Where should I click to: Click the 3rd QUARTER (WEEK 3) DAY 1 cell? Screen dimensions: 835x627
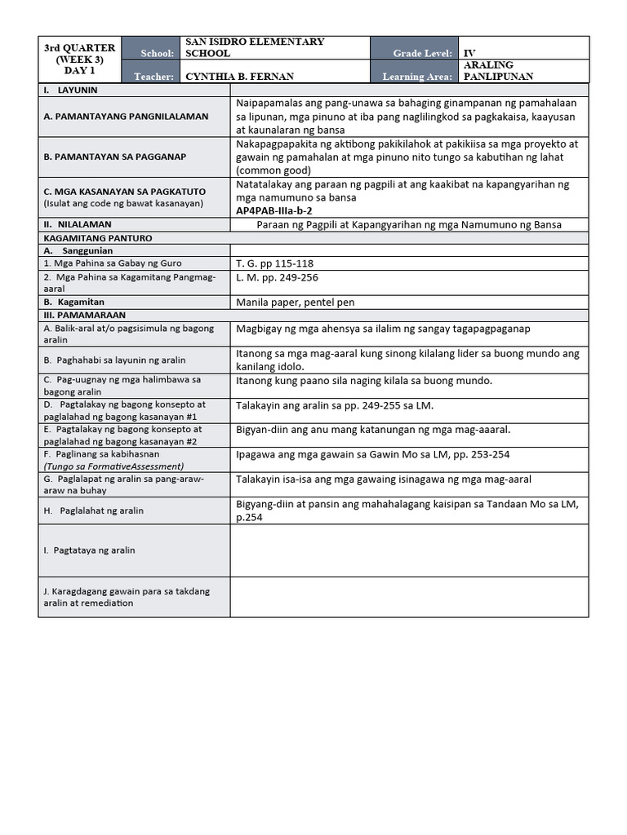coord(79,60)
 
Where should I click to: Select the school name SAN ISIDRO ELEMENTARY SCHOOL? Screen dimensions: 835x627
coord(255,47)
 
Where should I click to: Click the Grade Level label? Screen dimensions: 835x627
coord(422,53)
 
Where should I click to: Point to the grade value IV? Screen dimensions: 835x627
coord(469,53)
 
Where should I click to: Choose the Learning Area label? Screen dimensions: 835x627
coord(416,77)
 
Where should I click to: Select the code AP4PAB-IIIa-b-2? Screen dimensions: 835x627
coord(274,210)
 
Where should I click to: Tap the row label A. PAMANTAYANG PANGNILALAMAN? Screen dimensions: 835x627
coord(126,116)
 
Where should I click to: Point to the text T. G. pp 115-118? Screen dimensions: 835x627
coord(274,263)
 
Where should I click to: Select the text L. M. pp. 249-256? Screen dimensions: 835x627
coord(277,277)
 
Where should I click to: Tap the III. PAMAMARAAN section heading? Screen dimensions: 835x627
coord(80,315)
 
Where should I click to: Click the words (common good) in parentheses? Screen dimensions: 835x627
coord(274,171)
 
